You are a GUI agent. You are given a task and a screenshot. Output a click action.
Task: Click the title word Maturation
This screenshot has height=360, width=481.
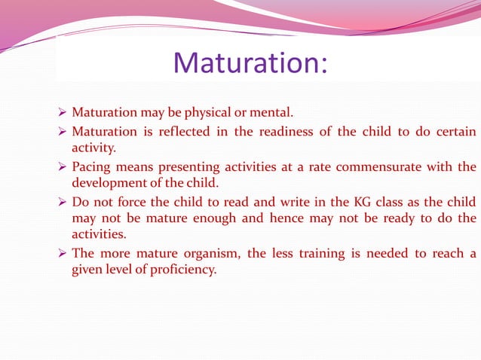tap(250, 63)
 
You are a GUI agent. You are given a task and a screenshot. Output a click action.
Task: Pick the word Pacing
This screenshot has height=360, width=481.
tap(90, 166)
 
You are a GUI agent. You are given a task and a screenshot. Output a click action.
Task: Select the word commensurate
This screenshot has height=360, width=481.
tap(374, 166)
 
